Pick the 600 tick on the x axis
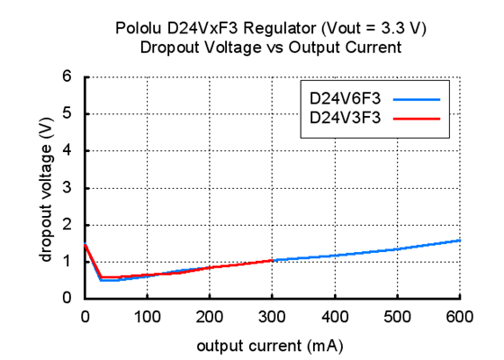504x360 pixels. [x=460, y=316]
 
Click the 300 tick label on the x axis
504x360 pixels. [x=272, y=316]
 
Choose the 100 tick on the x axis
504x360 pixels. [x=147, y=316]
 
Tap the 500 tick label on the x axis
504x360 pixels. [x=397, y=316]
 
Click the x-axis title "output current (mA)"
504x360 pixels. [x=272, y=343]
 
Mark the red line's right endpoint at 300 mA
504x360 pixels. [x=272, y=260]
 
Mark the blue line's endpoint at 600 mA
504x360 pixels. [x=460, y=240]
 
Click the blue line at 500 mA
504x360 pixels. [x=397, y=249]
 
